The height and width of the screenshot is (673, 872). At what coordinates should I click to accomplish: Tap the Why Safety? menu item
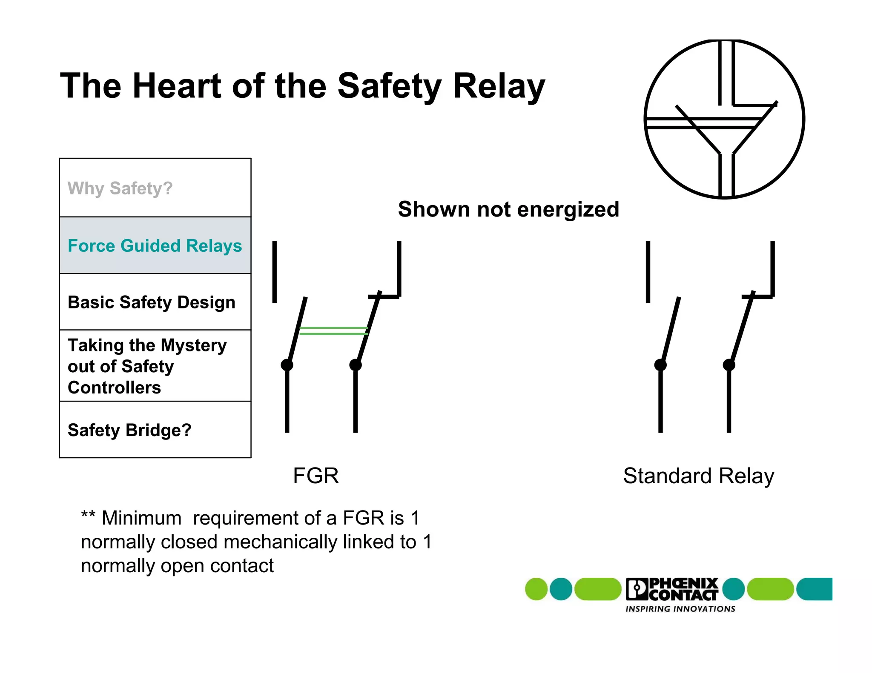120,188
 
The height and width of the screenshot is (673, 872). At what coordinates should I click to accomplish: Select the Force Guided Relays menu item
155,246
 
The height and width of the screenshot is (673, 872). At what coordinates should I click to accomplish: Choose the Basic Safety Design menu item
151,302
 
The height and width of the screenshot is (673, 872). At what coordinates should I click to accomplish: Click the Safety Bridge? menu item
129,430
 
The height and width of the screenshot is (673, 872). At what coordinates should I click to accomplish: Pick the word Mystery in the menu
194,345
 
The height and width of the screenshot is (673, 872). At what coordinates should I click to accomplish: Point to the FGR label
316,476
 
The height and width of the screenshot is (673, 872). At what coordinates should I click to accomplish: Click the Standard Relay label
698,476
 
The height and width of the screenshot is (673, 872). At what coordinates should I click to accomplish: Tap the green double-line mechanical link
333,331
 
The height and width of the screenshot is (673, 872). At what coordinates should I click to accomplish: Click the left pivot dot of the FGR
287,365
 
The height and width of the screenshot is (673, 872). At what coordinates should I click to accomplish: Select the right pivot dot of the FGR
356,365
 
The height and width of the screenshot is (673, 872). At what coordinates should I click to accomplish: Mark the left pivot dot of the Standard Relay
660,365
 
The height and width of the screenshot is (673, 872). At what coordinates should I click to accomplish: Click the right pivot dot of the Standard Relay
729,365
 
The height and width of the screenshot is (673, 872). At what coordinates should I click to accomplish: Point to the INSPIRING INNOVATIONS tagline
680,609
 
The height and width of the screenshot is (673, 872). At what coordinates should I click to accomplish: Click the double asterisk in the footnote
88,515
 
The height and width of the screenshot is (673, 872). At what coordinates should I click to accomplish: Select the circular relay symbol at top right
724,119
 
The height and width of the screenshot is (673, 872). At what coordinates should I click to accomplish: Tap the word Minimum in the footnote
141,518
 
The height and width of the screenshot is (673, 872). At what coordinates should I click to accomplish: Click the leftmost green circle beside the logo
536,589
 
